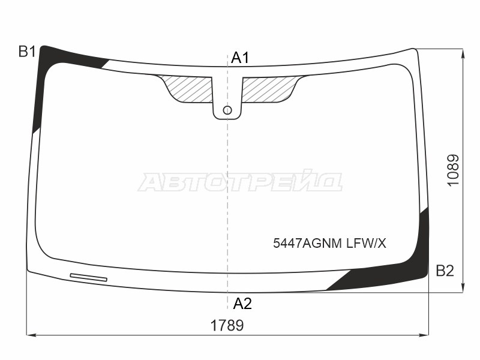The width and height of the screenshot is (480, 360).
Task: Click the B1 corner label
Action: coord(27,52)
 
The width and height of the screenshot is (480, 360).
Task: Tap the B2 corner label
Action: coord(445,271)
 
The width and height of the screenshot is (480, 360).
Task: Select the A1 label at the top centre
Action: coord(241,58)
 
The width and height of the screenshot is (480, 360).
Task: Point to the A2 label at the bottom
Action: coord(242,304)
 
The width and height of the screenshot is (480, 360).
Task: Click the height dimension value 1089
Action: coord(454,170)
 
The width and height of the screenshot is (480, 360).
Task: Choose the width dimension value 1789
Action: coord(227,325)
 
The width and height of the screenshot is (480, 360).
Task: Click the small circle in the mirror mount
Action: coord(227,110)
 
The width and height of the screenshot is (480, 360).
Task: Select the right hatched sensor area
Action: coord(269,89)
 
